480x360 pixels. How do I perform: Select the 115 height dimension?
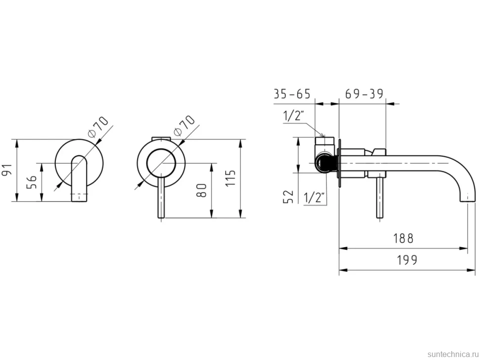[231, 178]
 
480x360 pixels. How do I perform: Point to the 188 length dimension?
[403, 238]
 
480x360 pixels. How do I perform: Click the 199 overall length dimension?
[407, 260]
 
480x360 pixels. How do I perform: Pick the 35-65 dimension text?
[292, 94]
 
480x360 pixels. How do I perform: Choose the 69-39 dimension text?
[364, 94]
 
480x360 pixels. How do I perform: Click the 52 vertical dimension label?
[288, 197]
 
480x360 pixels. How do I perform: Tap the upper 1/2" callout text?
[293, 116]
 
